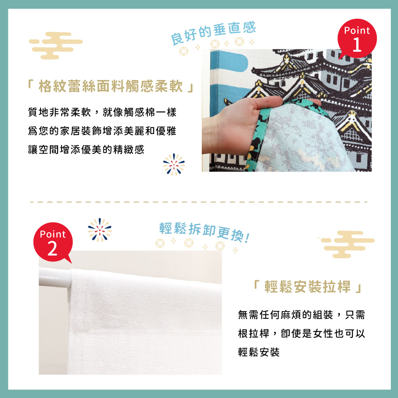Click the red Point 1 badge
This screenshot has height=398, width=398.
(357, 38)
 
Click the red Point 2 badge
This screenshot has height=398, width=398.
(53, 242)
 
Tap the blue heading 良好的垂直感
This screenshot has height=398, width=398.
(213, 33)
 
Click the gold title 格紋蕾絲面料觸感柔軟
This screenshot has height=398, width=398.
(111, 86)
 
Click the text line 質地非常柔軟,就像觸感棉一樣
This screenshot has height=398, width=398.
(102, 112)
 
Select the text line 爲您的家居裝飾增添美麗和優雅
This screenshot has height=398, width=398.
(102, 131)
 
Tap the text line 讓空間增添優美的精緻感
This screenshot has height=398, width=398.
(86, 150)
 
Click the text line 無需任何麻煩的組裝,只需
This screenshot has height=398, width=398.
(301, 315)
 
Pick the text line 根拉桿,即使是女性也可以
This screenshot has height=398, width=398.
(301, 334)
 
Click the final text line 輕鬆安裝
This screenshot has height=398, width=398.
(259, 352)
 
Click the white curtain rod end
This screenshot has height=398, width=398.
(55, 278)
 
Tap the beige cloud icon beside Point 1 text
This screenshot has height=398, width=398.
(56, 45)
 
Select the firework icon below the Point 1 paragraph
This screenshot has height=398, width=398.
(174, 164)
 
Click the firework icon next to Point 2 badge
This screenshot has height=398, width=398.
(100, 230)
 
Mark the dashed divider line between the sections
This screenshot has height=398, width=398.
(199, 202)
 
